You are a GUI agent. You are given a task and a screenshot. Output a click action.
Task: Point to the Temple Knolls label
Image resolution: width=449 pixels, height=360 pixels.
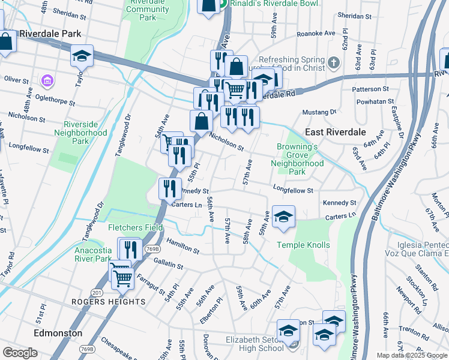303,245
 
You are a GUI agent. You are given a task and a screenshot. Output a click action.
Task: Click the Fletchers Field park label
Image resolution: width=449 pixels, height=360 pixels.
135,227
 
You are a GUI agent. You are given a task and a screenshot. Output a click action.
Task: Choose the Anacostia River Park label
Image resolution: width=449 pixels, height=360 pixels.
93,254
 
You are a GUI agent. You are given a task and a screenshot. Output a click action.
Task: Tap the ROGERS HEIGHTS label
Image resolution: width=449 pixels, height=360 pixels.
108,301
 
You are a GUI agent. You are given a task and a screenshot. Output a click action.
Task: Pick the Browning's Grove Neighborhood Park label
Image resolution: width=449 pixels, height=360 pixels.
297,159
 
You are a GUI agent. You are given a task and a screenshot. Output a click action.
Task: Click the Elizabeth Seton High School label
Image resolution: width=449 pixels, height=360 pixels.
255,344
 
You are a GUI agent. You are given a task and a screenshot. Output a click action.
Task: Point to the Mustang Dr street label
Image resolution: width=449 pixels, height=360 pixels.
319,112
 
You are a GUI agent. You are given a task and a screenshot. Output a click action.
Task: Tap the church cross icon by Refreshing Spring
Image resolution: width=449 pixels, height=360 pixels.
334,62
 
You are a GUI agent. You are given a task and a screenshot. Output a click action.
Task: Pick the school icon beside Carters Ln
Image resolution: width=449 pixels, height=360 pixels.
283,216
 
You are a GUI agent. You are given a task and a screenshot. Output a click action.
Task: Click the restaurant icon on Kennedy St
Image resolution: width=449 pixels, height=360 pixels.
170,188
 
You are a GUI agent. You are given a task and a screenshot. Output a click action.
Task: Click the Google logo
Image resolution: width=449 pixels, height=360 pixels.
20,353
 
